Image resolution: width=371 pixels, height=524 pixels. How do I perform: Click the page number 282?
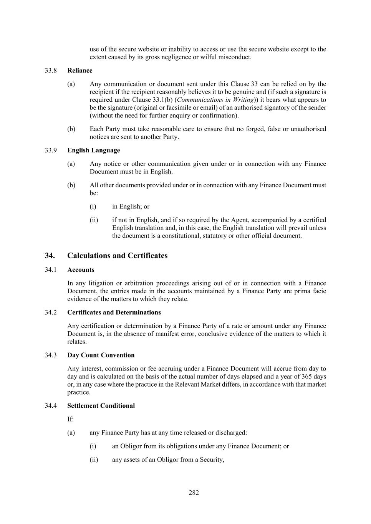[194, 493]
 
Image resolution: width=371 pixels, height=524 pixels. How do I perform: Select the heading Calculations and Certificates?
[117, 256]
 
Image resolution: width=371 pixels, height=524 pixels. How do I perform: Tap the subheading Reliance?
[80, 71]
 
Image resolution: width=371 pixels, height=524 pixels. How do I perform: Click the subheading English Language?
[93, 150]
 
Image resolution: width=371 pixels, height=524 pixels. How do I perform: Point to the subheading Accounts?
[81, 270]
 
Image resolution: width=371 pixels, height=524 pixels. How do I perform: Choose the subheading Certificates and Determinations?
[114, 312]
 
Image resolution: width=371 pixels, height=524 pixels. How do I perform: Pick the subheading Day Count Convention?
[101, 355]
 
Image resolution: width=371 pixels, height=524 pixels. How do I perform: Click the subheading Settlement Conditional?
[101, 406]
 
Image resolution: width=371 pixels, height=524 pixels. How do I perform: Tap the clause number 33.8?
[51, 71]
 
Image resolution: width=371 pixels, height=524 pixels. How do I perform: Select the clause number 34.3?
[51, 355]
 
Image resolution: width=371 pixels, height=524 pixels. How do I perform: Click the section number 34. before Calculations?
[50, 256]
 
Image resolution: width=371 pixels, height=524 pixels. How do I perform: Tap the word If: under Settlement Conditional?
[70, 419]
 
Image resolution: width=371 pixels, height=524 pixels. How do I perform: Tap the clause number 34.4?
[51, 406]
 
